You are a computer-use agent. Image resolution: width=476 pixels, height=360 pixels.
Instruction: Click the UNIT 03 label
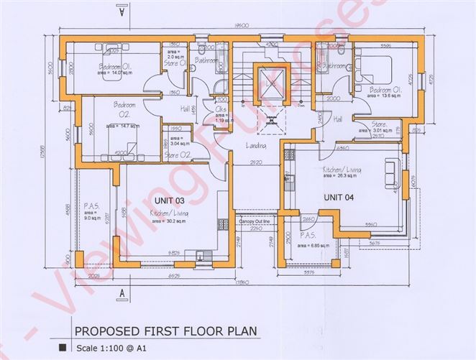170,199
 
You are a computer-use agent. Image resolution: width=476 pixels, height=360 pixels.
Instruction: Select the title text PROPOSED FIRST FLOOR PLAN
165,331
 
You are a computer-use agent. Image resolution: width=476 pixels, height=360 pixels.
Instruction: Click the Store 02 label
176,155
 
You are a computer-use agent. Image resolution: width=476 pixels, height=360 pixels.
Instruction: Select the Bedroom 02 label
124,109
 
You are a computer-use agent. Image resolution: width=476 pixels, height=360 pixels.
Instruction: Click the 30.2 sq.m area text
168,221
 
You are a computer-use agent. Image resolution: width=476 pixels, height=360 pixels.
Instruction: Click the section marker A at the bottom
122,293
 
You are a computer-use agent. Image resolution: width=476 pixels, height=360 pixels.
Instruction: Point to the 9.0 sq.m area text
90,217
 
